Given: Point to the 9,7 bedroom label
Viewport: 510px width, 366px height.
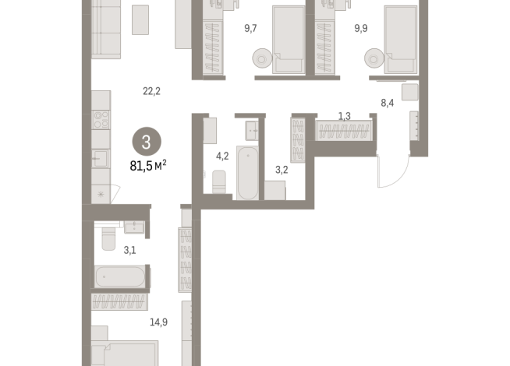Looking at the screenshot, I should pyautogui.click(x=250, y=29).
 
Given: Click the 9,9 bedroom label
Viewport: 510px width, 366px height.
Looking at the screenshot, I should pyautogui.click(x=361, y=29).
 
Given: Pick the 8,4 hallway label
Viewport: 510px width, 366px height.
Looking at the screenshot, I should pyautogui.click(x=388, y=102).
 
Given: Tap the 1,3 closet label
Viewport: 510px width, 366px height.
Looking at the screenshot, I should pyautogui.click(x=344, y=117).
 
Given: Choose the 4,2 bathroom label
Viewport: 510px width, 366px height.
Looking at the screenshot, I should pyautogui.click(x=222, y=155).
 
